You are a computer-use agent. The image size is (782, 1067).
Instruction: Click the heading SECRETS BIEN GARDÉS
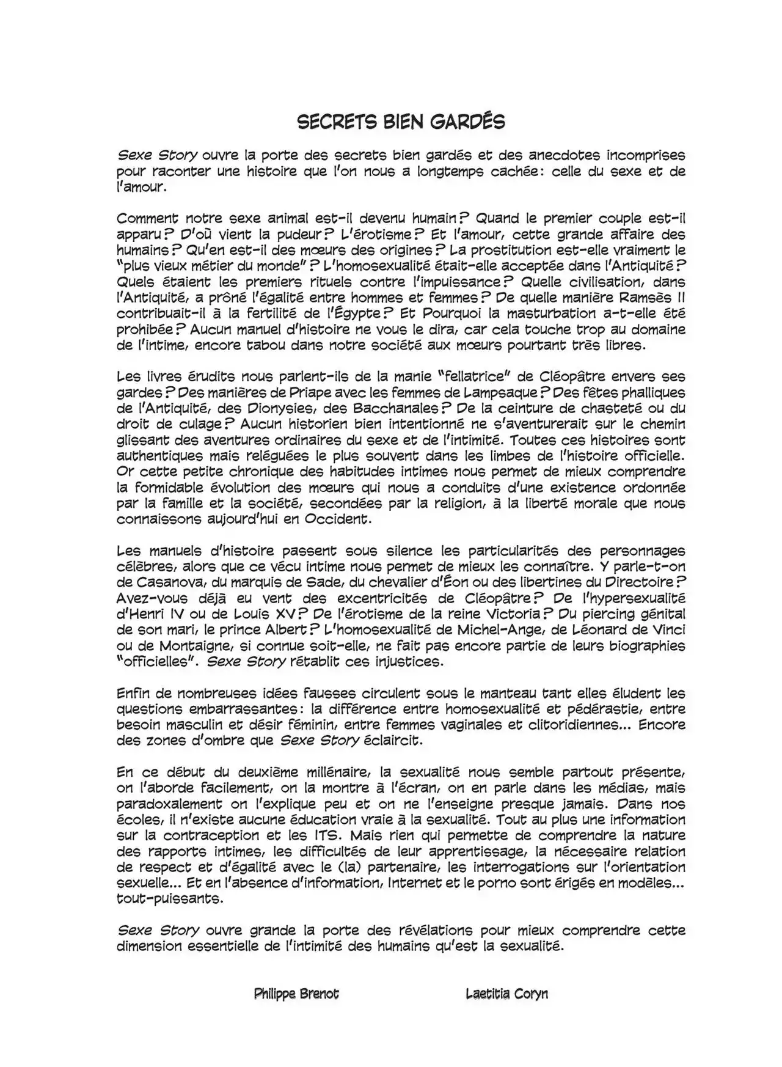[401, 122]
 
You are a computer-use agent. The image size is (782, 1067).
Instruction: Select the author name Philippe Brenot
[296, 994]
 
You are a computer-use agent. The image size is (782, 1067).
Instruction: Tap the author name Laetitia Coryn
[506, 994]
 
